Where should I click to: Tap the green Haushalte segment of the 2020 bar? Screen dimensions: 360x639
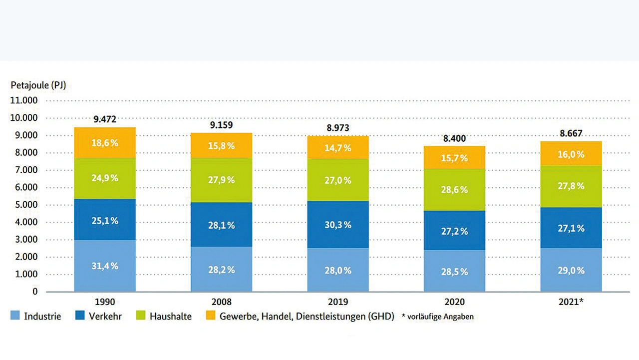pyautogui.click(x=454, y=200)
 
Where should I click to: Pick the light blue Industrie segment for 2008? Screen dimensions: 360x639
pyautogui.click(x=221, y=280)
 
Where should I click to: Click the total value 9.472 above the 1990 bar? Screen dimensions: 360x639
pyautogui.click(x=105, y=119)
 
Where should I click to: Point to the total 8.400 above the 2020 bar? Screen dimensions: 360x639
pyautogui.click(x=454, y=138)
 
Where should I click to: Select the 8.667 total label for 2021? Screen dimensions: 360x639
pyautogui.click(x=571, y=133)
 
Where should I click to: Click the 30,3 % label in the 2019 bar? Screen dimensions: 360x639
pyautogui.click(x=338, y=225)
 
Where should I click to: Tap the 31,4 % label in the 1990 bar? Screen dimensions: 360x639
pyautogui.click(x=105, y=266)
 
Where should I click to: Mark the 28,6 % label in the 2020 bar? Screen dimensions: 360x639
pyautogui.click(x=454, y=190)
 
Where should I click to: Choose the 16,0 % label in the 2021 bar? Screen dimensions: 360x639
pyautogui.click(x=571, y=155)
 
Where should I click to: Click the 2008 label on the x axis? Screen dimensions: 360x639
pyautogui.click(x=221, y=302)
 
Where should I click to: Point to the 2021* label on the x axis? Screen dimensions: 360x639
pyautogui.click(x=572, y=302)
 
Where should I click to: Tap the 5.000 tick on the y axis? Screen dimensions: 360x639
pyautogui.click(x=24, y=205)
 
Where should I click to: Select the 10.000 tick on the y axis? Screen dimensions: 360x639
pyautogui.click(x=24, y=118)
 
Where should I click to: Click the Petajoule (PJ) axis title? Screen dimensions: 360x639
pyautogui.click(x=38, y=85)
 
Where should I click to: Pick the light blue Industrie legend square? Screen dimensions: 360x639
pyautogui.click(x=15, y=316)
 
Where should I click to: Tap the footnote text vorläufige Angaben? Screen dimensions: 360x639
pyautogui.click(x=439, y=317)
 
